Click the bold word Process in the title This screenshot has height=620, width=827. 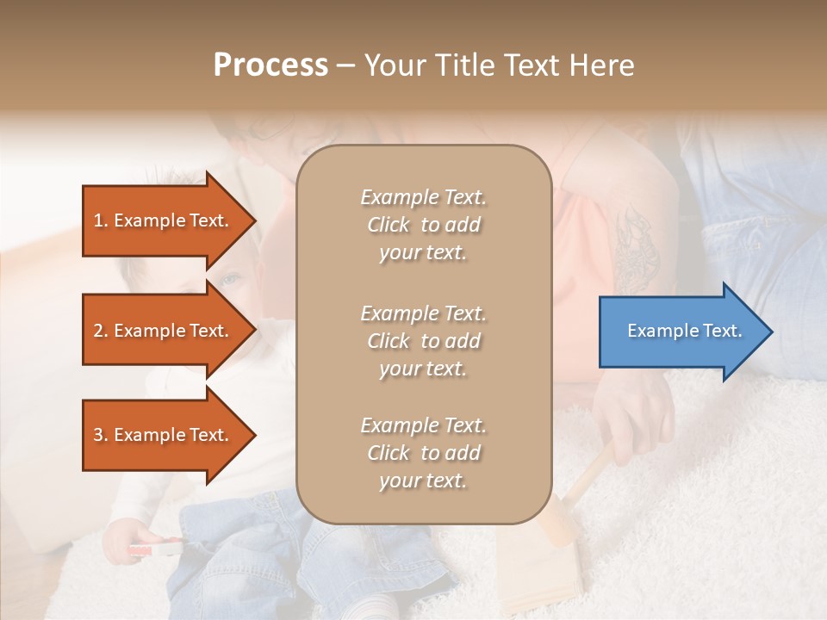[270, 65]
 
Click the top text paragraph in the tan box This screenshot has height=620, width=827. [423, 225]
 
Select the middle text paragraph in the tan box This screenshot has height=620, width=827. [423, 341]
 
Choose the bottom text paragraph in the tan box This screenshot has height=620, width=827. [423, 453]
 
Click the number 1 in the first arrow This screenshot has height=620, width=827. [98, 220]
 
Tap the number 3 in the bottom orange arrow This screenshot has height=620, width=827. [98, 435]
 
